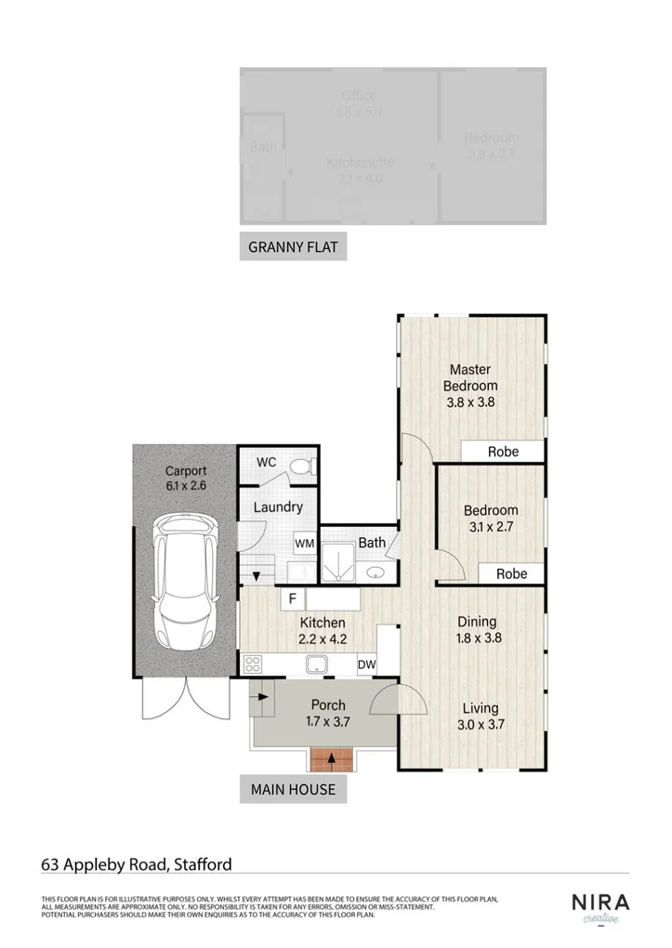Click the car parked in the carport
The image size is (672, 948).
[185, 583]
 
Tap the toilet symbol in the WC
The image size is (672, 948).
[299, 464]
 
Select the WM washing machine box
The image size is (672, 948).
[304, 543]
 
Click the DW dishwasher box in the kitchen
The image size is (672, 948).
[366, 665]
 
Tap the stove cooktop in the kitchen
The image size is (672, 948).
[254, 664]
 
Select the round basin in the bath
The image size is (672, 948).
[376, 572]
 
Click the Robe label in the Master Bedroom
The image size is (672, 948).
[503, 452]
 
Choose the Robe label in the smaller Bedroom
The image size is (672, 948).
[510, 573]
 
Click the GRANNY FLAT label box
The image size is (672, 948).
[293, 247]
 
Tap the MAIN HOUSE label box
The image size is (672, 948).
[293, 790]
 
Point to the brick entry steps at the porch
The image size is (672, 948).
[331, 759]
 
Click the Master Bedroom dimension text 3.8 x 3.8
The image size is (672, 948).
[469, 402]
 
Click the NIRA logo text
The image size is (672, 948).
[600, 902]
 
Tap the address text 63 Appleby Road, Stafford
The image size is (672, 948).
[137, 863]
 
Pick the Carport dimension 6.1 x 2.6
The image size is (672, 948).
[186, 485]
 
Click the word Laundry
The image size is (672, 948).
[277, 507]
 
